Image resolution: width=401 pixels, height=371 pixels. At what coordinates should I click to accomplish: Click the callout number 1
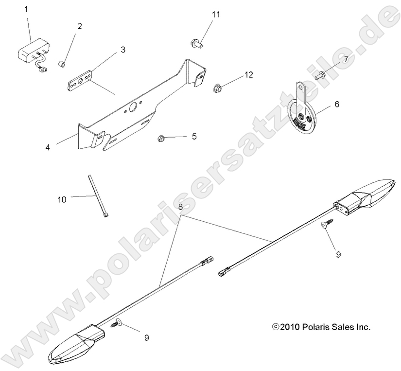[x=26, y=9]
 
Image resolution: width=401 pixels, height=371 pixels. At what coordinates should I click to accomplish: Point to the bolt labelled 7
[x=320, y=75]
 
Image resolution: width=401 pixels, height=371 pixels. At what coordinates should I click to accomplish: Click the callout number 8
[x=180, y=207]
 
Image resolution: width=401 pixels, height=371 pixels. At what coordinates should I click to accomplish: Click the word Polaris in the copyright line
[x=318, y=327]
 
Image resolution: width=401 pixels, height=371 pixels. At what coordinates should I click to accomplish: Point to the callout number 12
[x=248, y=75]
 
